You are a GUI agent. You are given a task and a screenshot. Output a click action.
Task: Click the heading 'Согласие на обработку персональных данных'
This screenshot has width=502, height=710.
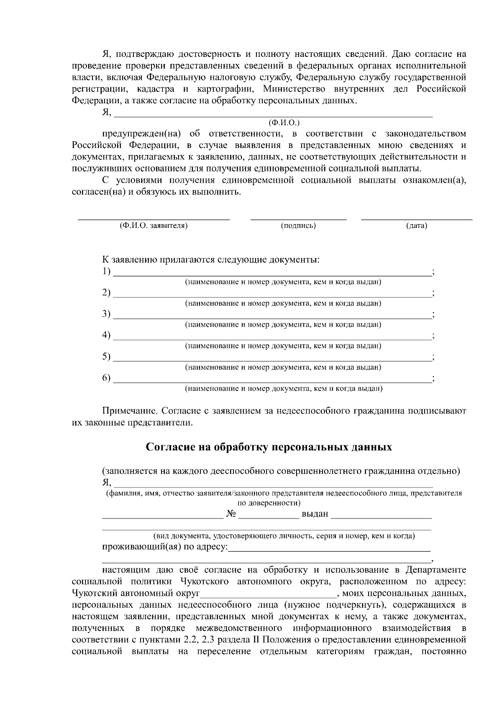(269, 447)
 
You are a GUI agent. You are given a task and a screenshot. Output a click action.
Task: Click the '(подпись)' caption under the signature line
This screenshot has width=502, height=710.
(298, 226)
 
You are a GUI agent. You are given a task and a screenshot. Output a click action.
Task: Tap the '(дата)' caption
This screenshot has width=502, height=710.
(416, 226)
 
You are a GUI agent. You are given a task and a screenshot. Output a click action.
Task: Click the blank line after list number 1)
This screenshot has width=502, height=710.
(272, 274)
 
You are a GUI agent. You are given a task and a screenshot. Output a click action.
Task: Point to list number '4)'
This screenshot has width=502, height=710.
(106, 335)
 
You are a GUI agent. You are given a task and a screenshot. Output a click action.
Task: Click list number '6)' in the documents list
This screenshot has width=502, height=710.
(106, 378)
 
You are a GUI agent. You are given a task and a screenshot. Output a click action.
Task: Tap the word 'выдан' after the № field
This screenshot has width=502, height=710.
(315, 513)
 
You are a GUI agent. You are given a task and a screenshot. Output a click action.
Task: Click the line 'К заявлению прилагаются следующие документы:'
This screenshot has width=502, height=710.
(211, 260)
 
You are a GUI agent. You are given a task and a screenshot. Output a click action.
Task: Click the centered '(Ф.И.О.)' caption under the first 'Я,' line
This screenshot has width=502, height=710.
(284, 123)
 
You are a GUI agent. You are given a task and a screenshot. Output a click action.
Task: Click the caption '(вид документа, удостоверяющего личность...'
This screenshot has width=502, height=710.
(284, 536)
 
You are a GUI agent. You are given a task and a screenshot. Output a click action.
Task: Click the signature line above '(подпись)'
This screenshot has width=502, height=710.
(298, 218)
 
